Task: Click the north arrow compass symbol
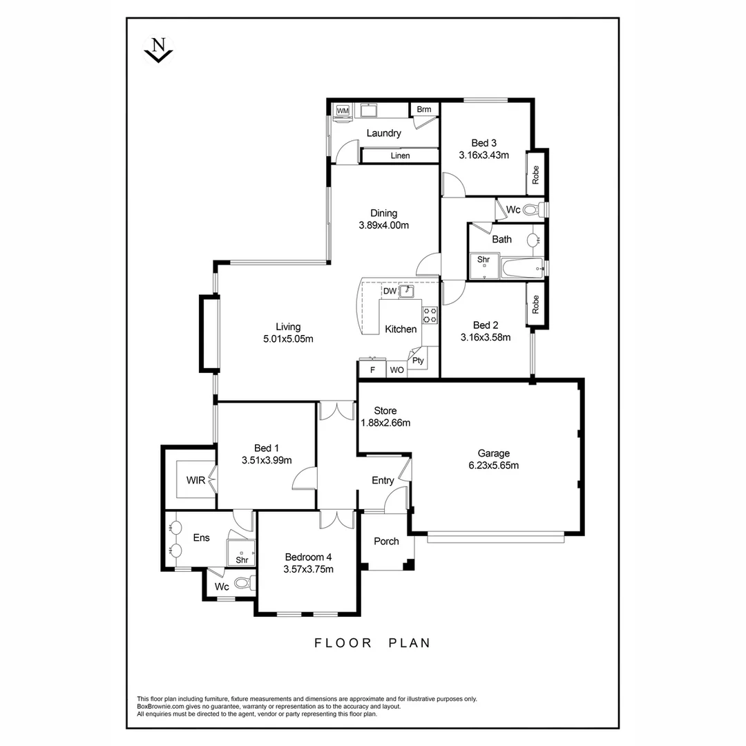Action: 158,50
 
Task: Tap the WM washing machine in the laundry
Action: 343,111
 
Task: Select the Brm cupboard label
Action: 424,110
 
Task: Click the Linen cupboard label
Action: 400,155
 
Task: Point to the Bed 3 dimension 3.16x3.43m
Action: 484,155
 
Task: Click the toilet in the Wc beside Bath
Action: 532,209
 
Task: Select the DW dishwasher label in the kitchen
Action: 390,291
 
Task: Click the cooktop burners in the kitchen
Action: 430,315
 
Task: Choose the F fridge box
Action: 372,370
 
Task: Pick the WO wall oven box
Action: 396,370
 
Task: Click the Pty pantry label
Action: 418,361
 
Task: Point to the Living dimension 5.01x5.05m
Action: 288,338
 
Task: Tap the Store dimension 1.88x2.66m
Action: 385,423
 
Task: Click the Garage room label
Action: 494,454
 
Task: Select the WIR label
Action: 195,480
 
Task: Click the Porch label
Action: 386,541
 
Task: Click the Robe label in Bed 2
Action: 535,305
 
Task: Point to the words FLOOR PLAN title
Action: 372,643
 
